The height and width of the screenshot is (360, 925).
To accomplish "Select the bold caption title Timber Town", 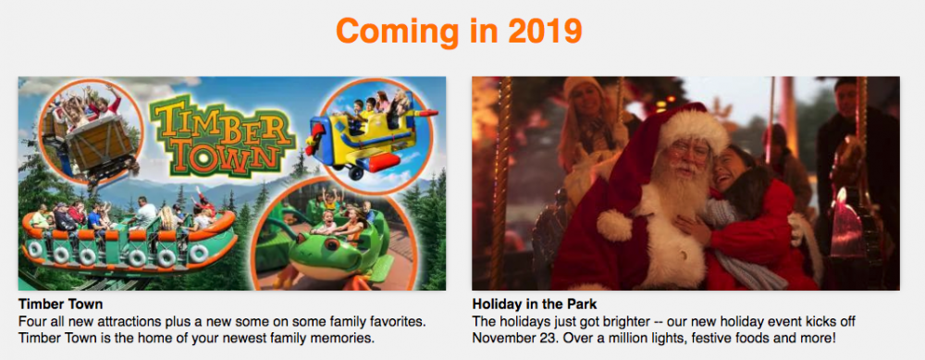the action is pyautogui.click(x=61, y=304).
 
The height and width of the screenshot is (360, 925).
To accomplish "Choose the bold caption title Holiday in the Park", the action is pyautogui.click(x=535, y=304).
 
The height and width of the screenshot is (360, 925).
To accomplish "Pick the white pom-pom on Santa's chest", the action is pyautogui.click(x=613, y=225).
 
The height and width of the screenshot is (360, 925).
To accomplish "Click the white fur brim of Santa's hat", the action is pyautogui.click(x=694, y=128).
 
